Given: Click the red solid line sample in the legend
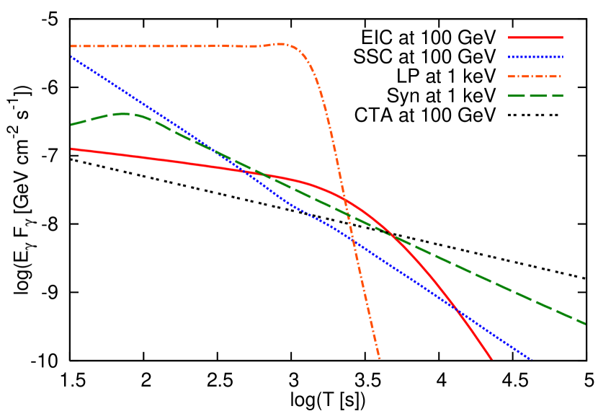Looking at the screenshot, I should pyautogui.click(x=535, y=38).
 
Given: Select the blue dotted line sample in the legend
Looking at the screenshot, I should pyautogui.click(x=535, y=57).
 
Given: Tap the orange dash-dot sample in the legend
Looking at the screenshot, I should pyautogui.click(x=535, y=76).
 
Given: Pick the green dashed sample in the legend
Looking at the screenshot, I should pyautogui.click(x=535, y=96).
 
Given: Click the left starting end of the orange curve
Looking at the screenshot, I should pyautogui.click(x=71, y=46).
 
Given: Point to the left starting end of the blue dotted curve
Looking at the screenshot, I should pyautogui.click(x=71, y=56).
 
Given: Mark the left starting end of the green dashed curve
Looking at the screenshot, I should pyautogui.click(x=71, y=125).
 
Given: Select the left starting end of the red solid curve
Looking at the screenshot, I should pyautogui.click(x=71, y=149).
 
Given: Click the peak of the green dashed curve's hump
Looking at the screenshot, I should pyautogui.click(x=124, y=113).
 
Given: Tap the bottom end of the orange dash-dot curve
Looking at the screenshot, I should pyautogui.click(x=379, y=358).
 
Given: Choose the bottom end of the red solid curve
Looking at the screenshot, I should pyautogui.click(x=491, y=358).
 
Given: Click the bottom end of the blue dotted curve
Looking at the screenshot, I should pyautogui.click(x=531, y=358).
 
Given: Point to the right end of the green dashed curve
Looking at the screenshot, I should pyautogui.click(x=585, y=324).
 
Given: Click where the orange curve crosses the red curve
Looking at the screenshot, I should pyautogui.click(x=344, y=198).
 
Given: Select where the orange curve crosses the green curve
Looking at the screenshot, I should pyautogui.click(x=347, y=213).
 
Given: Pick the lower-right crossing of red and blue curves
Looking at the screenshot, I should pyautogui.click(x=456, y=310).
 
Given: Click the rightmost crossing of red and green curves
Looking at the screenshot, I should pyautogui.click(x=392, y=234).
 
